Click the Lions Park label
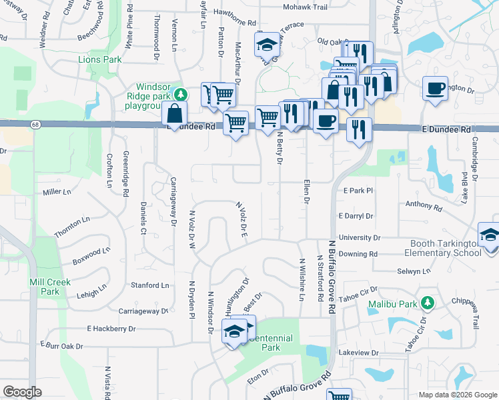pyautogui.click(x=99, y=59)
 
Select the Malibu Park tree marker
pyautogui.click(x=428, y=304)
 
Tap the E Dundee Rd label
pyautogui.click(x=446, y=130)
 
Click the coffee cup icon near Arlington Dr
pyautogui.click(x=435, y=89)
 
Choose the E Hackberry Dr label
pyautogui.click(x=111, y=329)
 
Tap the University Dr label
pyautogui.click(x=359, y=237)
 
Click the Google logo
pyautogui.click(x=22, y=392)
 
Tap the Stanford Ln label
pyautogui.click(x=150, y=285)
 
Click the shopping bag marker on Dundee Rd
pyautogui.click(x=174, y=114)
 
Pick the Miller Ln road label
pyautogui.click(x=57, y=192)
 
